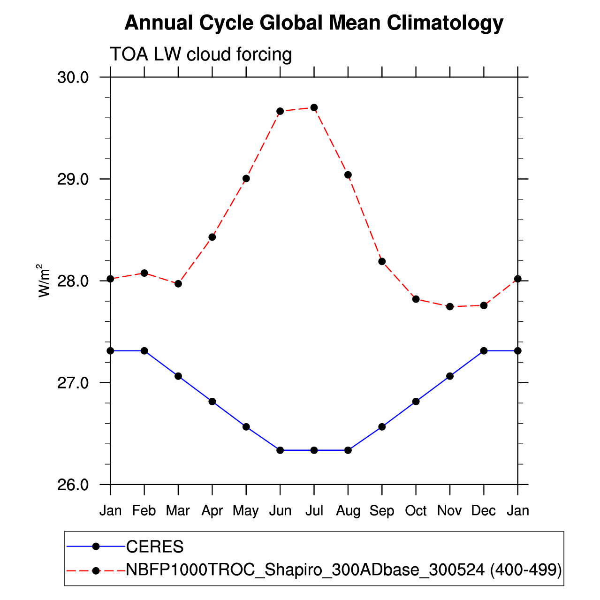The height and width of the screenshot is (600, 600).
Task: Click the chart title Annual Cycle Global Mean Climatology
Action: tap(314, 23)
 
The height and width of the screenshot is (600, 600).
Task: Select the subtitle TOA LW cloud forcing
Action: tap(201, 54)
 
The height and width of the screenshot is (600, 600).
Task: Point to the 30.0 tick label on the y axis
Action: tap(73, 77)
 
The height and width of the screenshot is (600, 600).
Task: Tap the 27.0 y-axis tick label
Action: tap(73, 383)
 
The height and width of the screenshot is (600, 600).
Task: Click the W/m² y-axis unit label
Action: tap(44, 281)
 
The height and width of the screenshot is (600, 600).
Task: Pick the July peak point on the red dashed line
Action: tap(314, 107)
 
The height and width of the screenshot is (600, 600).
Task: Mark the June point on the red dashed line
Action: tap(280, 111)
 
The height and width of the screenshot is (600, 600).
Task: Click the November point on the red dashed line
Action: tap(450, 307)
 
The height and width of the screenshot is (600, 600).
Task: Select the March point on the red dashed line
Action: tap(178, 284)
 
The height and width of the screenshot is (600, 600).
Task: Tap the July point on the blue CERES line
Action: tap(314, 450)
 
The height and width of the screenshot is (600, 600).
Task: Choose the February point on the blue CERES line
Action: tap(144, 351)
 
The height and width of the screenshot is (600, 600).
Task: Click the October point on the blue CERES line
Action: tap(416, 402)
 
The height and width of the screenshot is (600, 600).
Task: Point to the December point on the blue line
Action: tap(484, 351)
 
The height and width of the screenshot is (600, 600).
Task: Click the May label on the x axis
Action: tap(246, 511)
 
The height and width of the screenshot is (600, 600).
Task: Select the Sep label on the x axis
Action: tap(382, 511)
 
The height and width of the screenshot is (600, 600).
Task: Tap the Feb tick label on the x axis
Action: tap(144, 510)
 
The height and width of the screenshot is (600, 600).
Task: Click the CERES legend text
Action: tap(155, 547)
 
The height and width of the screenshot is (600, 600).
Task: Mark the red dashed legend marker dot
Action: tap(96, 570)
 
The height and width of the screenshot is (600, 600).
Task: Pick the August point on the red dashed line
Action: tap(348, 175)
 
